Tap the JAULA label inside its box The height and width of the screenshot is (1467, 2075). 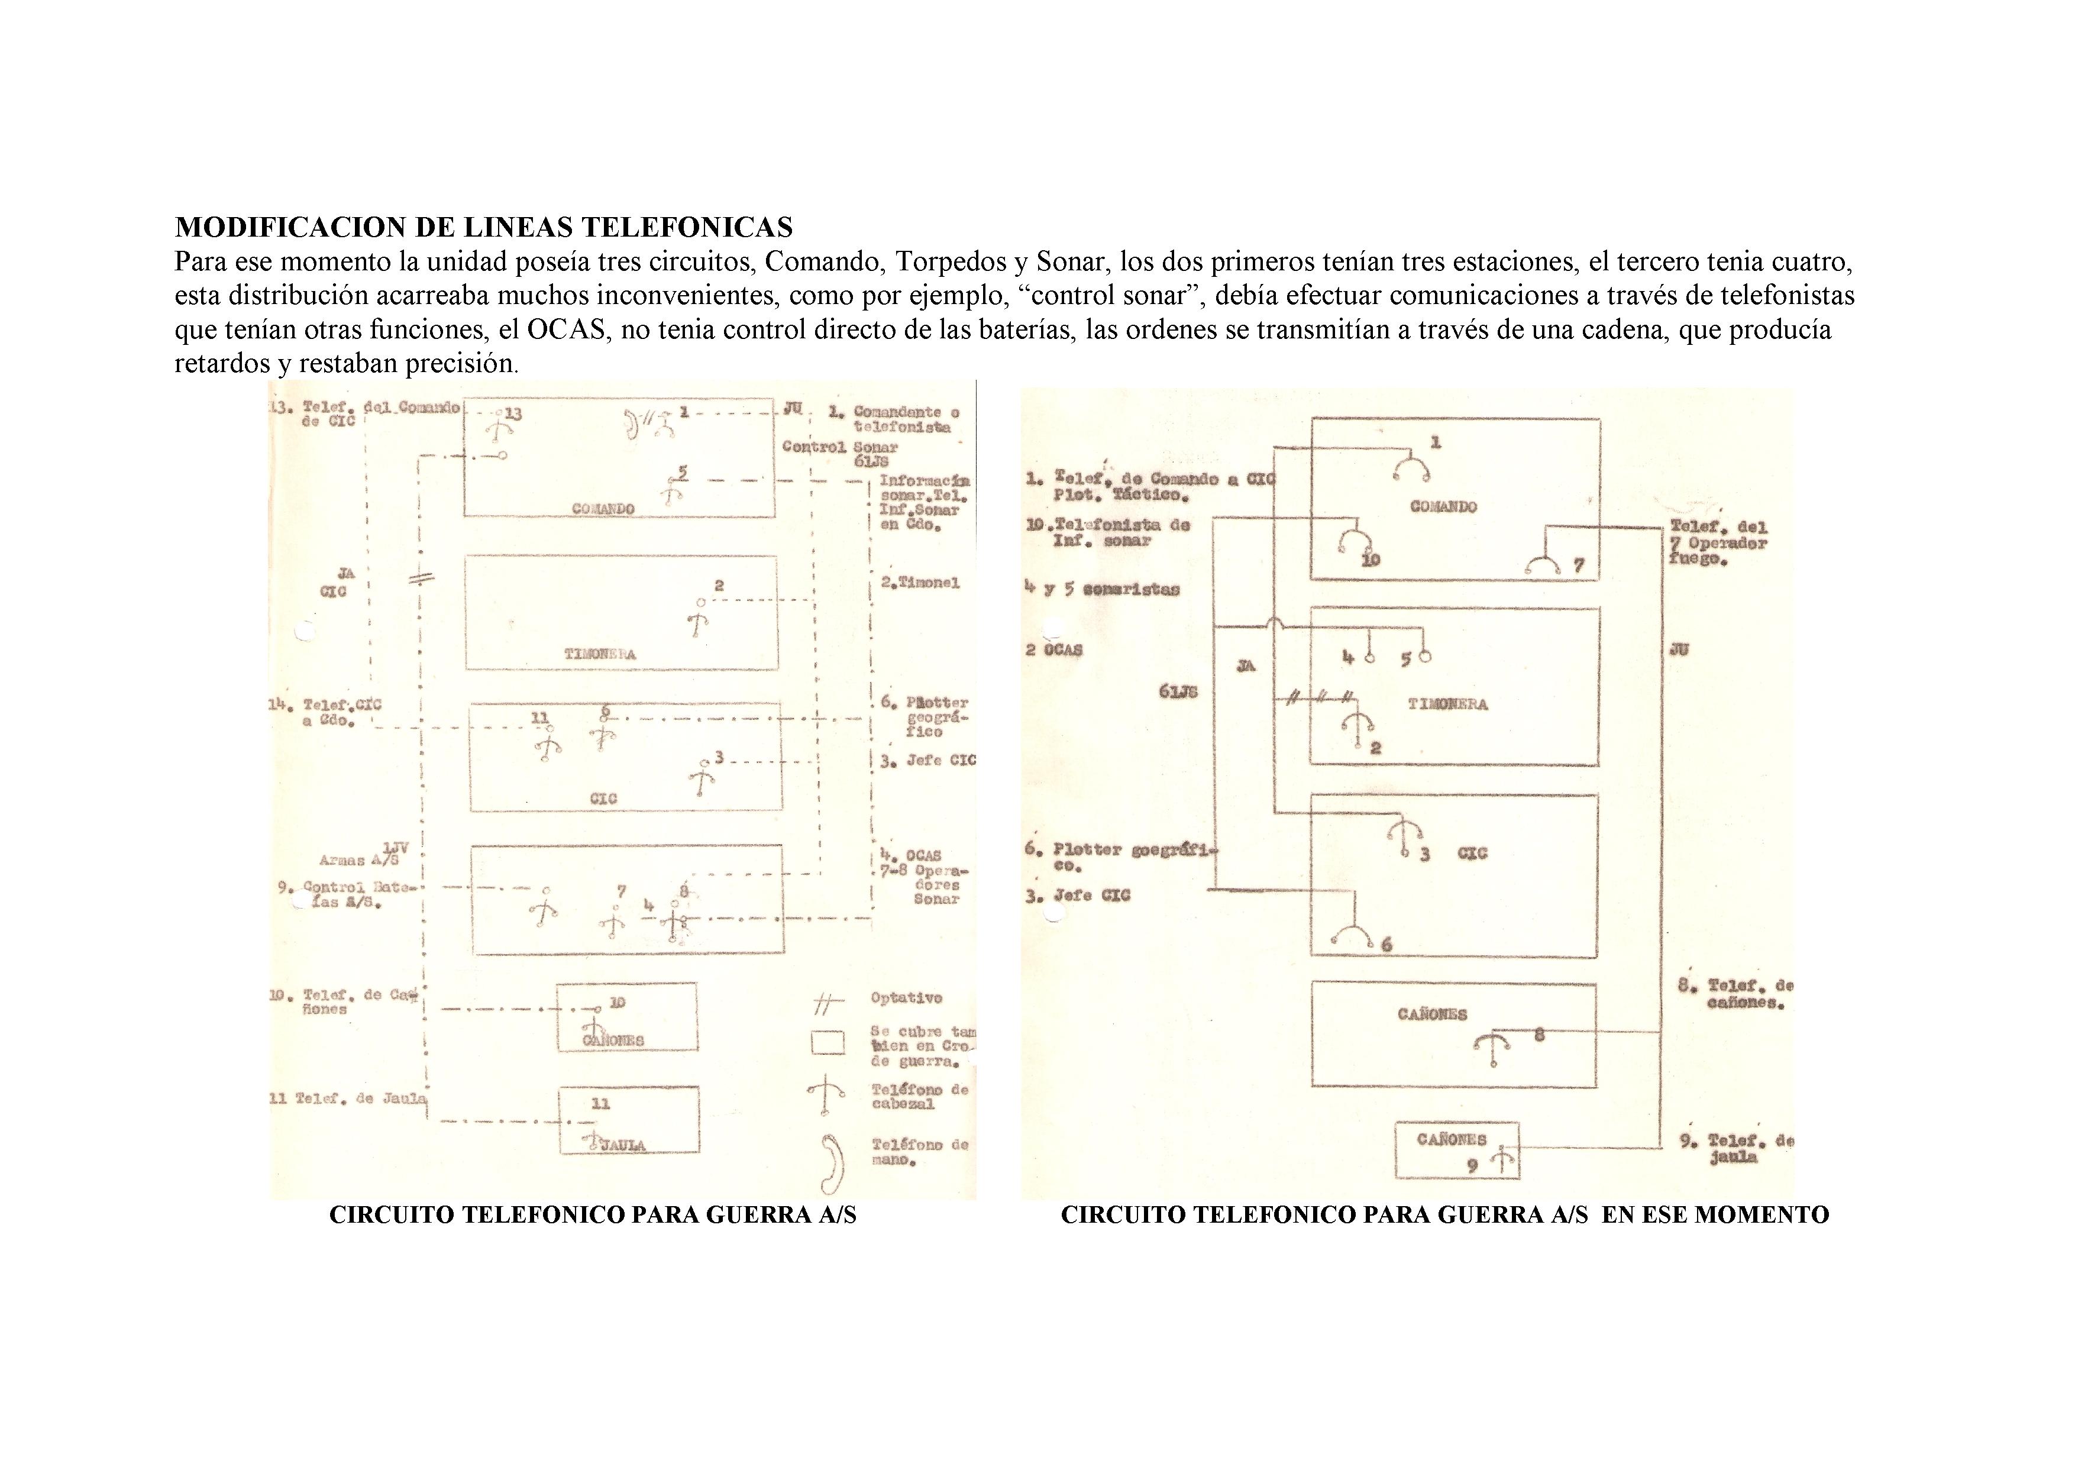pyautogui.click(x=623, y=1145)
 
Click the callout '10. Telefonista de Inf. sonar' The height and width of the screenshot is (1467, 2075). pyautogui.click(x=1108, y=532)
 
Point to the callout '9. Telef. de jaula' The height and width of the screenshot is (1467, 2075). pyautogui.click(x=1735, y=1149)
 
